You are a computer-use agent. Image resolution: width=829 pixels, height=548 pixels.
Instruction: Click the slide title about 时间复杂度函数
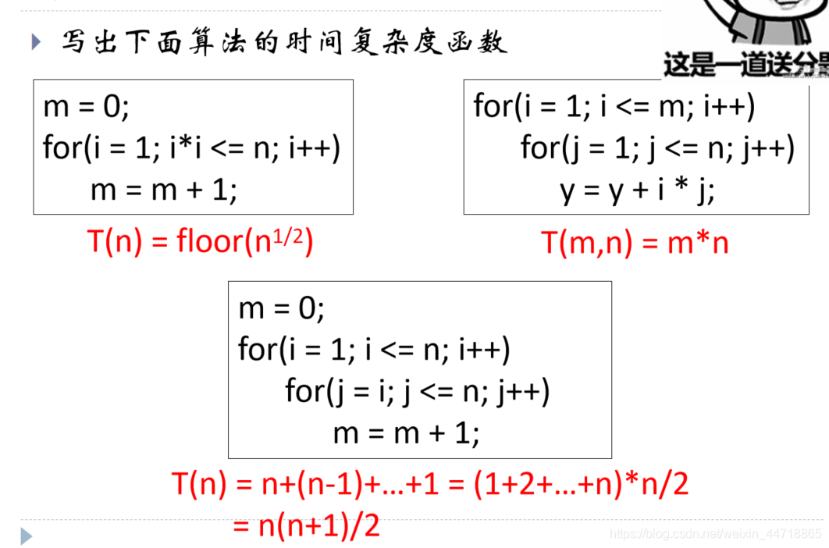tap(285, 41)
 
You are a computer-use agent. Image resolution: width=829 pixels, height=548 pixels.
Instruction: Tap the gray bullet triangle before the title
tap(36, 41)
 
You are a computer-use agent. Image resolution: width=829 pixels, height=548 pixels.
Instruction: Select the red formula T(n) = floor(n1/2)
tap(200, 242)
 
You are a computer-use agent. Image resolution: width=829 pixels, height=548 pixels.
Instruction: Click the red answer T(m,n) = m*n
tap(635, 243)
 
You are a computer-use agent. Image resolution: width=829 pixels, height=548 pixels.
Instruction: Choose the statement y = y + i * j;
tap(637, 190)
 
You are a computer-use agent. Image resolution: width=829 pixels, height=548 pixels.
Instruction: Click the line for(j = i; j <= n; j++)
tap(418, 390)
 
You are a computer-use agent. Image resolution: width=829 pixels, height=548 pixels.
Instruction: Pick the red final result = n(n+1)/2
tap(306, 526)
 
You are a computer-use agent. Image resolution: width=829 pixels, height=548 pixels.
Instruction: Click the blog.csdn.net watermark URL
tap(716, 534)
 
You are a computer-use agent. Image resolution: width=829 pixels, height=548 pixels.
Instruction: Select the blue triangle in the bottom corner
tap(27, 536)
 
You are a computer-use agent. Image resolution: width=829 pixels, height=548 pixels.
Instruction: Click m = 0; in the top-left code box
tap(86, 106)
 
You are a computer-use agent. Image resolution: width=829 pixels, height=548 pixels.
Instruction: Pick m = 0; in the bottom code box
tap(281, 308)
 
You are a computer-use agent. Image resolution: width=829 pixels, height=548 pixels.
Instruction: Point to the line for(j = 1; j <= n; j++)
tap(657, 148)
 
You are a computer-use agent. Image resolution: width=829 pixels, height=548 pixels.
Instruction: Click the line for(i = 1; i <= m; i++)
tap(614, 106)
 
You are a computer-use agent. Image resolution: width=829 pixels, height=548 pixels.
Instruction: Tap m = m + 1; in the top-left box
tap(164, 190)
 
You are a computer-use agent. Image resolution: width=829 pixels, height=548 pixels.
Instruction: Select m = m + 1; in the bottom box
tap(406, 432)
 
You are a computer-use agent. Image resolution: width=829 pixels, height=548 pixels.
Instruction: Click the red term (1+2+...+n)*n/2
tap(582, 485)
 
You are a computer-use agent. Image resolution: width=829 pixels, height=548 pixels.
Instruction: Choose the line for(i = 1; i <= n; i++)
tap(374, 349)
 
